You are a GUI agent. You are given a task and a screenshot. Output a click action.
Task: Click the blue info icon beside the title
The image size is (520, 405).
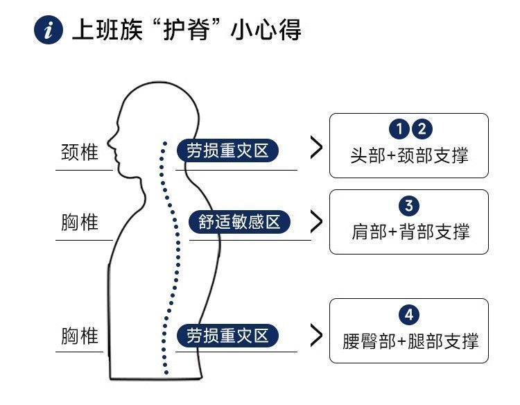pos(48,31)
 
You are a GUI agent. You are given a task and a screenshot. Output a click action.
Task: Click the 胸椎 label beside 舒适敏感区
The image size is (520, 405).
pos(80,223)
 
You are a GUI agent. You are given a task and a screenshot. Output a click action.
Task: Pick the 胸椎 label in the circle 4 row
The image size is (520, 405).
pos(80,336)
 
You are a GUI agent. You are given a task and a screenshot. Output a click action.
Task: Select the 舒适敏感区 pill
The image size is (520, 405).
pos(239,223)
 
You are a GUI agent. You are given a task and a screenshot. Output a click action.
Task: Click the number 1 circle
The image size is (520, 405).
pos(399,129)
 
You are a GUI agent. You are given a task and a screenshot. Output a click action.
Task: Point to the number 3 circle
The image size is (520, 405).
pos(409,206)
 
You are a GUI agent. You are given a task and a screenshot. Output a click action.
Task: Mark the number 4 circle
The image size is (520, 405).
pos(409,315)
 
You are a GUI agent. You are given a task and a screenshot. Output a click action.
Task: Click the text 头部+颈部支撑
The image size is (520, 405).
pos(409,155)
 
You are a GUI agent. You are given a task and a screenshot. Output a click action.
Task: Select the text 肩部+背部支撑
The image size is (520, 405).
pos(410,232)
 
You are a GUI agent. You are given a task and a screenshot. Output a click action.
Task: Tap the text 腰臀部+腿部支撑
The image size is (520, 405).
pos(410,341)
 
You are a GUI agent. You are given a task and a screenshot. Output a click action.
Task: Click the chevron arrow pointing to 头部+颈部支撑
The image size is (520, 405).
pos(317,148)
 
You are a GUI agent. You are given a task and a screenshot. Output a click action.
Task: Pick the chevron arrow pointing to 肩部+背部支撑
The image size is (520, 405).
pos(317,221)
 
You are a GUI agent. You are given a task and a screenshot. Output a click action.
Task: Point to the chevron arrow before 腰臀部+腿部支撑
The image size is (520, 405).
pos(317,336)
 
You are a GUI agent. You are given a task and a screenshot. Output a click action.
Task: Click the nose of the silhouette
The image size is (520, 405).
pos(110,148)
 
